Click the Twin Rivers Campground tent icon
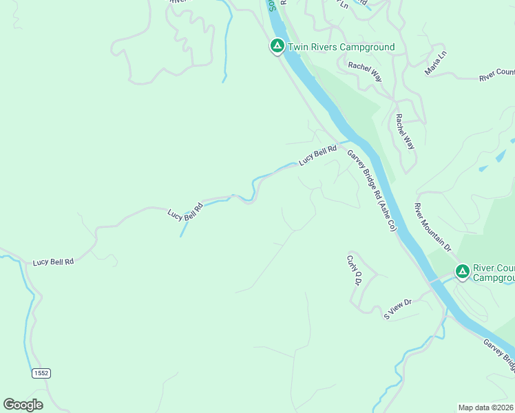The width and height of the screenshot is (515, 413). (x=277, y=46)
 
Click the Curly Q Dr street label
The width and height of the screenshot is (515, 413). (x=354, y=270)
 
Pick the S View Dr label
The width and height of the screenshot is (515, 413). (x=397, y=308)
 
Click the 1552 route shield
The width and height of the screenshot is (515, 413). (x=41, y=372)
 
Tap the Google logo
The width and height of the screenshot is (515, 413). (x=23, y=405)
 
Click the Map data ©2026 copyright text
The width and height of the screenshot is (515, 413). (x=486, y=407)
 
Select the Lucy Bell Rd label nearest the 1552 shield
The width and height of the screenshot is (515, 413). (x=53, y=262)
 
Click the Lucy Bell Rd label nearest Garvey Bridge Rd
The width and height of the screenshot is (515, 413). (x=317, y=155)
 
